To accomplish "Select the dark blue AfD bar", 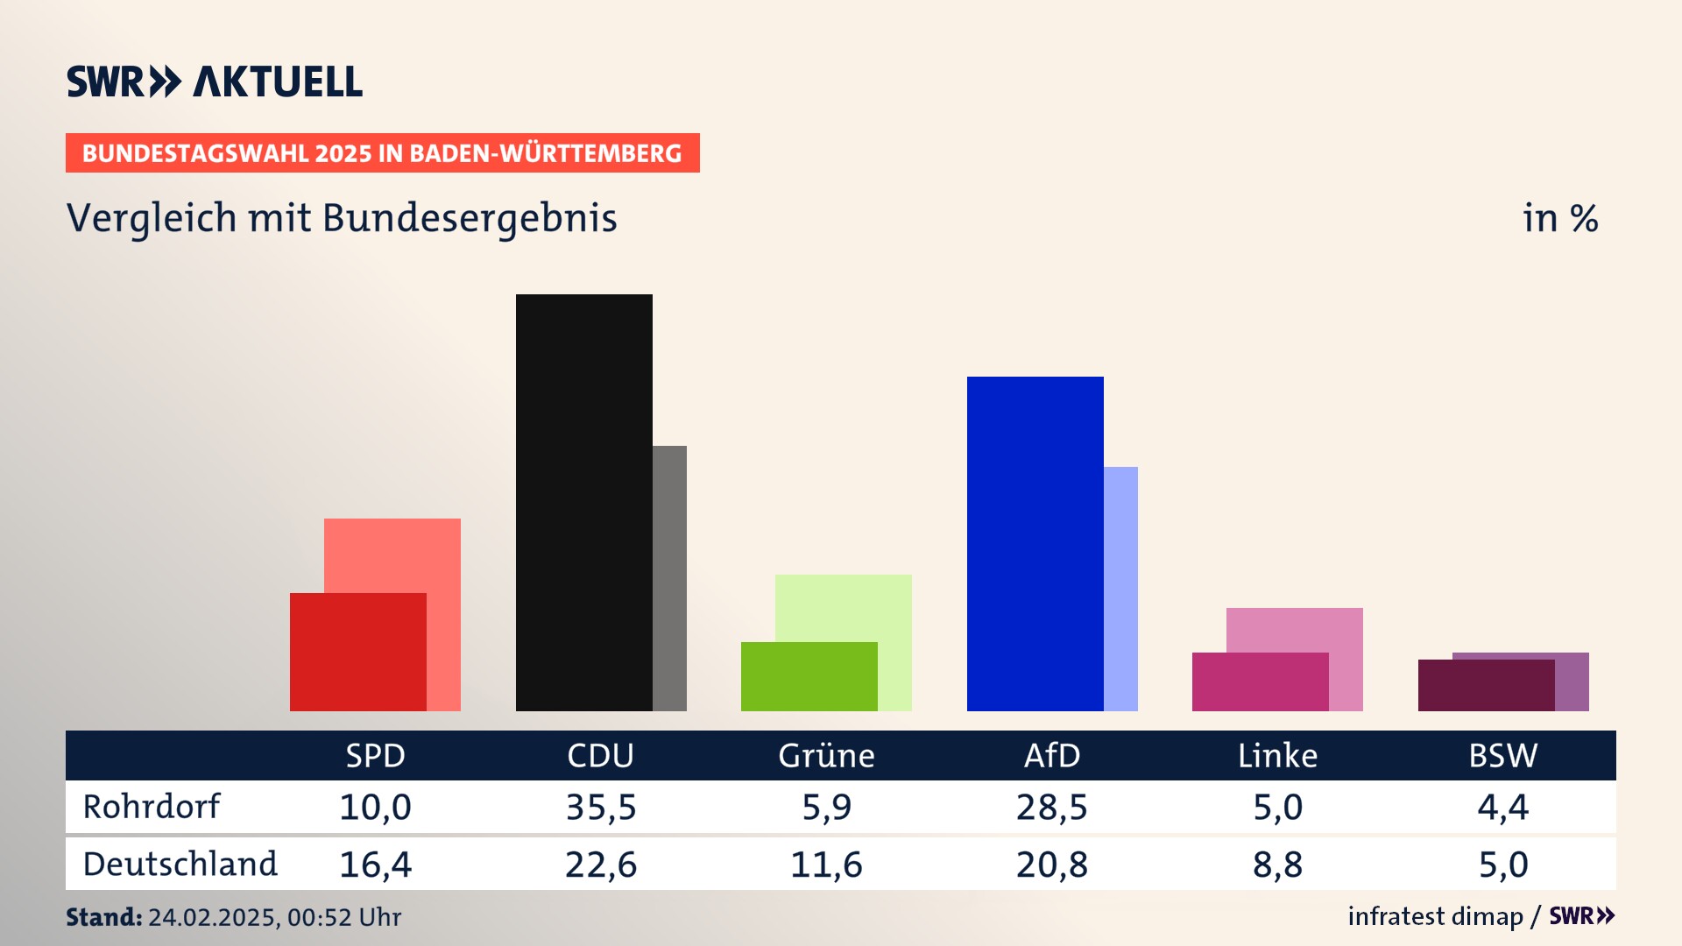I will click(1035, 543).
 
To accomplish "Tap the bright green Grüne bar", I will click(809, 676).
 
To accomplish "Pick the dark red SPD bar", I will click(357, 652).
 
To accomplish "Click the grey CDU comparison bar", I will click(669, 578).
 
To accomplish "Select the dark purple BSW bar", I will click(1486, 685).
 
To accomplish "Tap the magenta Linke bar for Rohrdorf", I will click(1260, 681).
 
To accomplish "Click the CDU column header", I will click(600, 755).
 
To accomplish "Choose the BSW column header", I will click(1502, 755).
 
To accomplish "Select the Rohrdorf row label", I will click(152, 807).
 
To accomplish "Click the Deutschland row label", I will click(180, 865).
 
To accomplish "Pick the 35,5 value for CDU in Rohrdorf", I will click(601, 807).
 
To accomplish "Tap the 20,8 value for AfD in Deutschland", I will click(1051, 865).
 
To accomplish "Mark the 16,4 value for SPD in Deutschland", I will click(375, 865).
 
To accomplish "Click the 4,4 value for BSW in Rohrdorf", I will click(1502, 807).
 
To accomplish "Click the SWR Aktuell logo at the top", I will click(215, 81).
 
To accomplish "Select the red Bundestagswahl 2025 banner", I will click(382, 153).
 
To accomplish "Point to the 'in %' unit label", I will click(1560, 218).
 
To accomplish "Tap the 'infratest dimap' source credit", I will click(1435, 916).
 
